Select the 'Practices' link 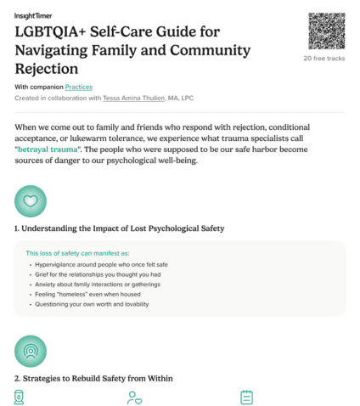(x=79, y=87)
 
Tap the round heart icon (x=31, y=201)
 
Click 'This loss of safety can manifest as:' (x=77, y=253)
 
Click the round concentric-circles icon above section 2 (x=31, y=351)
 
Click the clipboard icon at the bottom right (x=247, y=397)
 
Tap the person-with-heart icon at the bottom (x=134, y=397)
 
